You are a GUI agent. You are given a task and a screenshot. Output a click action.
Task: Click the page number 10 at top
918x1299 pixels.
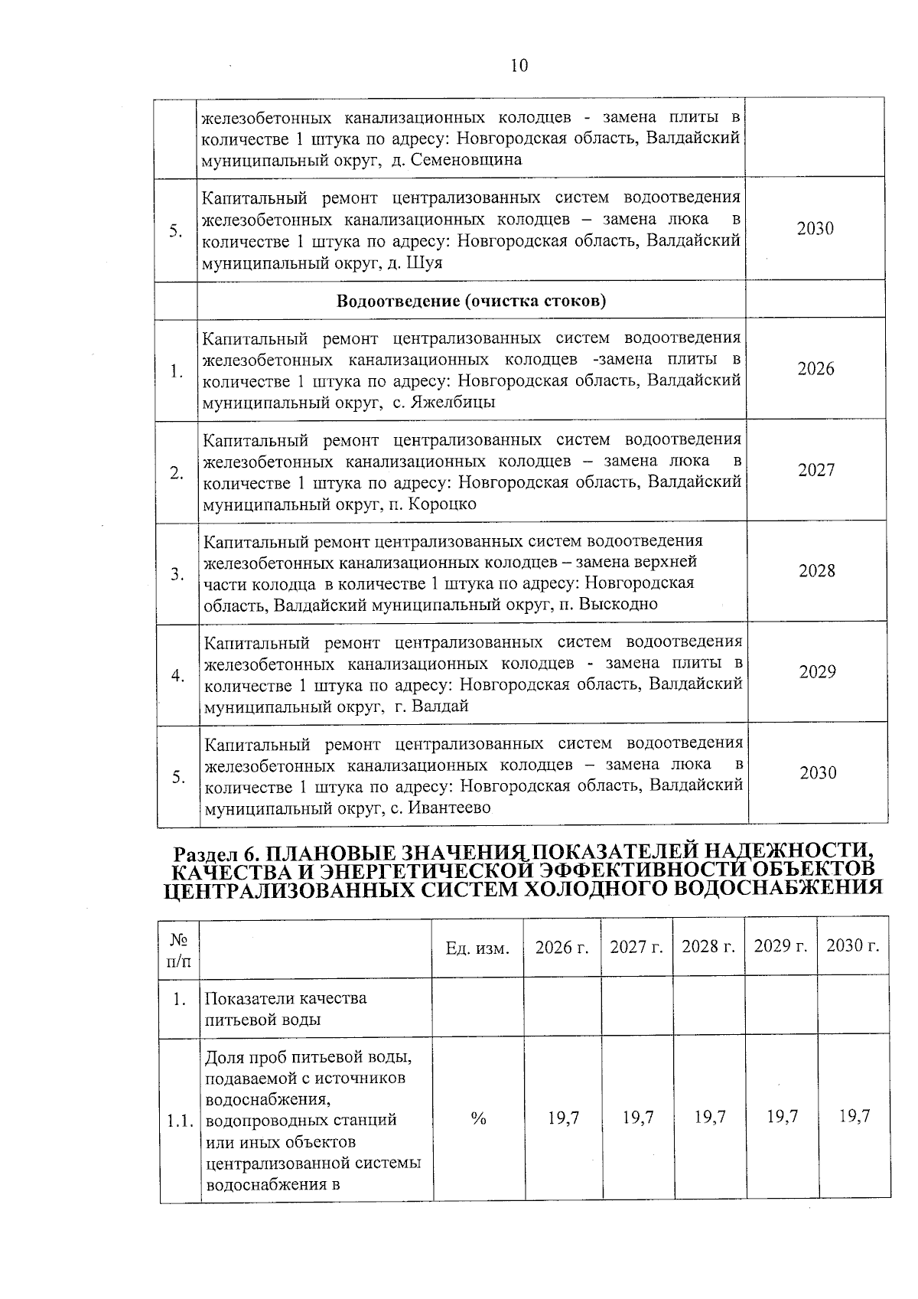coord(519,66)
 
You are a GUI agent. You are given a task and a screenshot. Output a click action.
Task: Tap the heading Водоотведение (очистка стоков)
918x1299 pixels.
coord(471,301)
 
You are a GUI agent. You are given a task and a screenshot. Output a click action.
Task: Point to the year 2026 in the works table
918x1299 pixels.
coord(815,369)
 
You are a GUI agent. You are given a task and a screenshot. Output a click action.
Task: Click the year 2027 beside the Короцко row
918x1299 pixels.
coord(816,471)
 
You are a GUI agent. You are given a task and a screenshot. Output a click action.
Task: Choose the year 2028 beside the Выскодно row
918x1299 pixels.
coord(817,571)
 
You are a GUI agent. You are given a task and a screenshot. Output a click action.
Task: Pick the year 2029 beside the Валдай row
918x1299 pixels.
coord(817,672)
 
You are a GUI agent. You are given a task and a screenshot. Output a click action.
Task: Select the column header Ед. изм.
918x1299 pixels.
coord(477,948)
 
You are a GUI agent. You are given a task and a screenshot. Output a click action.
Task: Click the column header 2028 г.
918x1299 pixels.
coord(708,947)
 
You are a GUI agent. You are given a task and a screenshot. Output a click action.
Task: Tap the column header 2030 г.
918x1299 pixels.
coord(853,946)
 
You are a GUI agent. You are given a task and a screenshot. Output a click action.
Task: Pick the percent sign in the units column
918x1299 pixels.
coord(479,1118)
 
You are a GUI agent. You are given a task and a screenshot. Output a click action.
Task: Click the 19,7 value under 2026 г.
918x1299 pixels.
coord(563,1118)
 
